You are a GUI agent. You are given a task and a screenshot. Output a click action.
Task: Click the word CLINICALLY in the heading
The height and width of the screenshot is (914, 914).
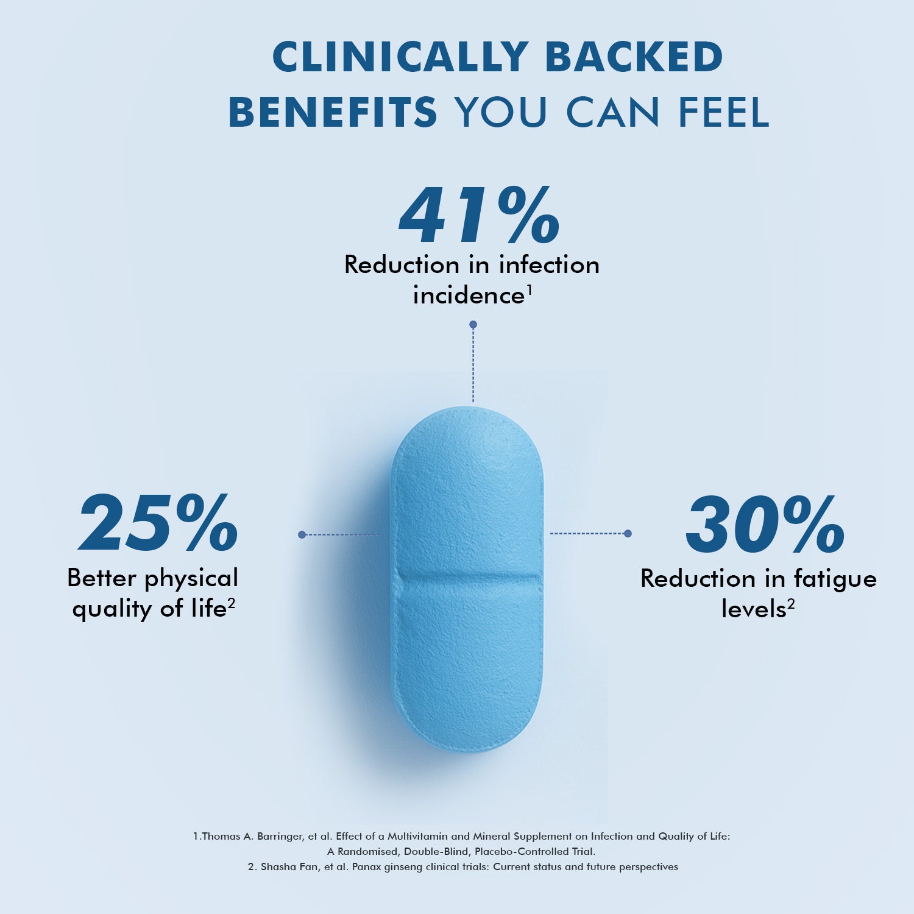(x=400, y=57)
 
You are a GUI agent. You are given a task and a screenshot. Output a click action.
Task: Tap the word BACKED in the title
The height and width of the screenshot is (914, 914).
(x=634, y=57)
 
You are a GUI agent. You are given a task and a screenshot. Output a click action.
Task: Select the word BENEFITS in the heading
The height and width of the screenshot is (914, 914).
(x=333, y=112)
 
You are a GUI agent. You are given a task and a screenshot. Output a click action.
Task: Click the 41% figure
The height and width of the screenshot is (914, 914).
(x=479, y=216)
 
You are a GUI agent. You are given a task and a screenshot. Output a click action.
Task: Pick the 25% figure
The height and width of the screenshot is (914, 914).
(x=158, y=524)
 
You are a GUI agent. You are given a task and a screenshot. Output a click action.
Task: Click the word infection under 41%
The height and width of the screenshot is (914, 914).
(x=549, y=265)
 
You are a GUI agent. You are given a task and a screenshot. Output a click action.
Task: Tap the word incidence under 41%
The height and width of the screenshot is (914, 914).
(x=468, y=296)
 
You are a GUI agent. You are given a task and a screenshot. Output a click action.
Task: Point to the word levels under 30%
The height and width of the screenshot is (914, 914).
(x=754, y=609)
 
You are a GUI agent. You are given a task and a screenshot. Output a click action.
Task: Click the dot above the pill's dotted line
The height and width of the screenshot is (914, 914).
(x=473, y=325)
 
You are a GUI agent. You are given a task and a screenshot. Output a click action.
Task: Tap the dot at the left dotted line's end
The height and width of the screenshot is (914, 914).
(x=302, y=534)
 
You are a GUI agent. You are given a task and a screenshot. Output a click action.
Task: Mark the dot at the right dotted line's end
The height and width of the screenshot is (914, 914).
(x=628, y=533)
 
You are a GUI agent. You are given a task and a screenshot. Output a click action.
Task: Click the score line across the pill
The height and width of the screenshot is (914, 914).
(x=468, y=576)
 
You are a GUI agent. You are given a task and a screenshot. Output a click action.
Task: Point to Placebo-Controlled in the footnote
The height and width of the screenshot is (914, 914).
(x=522, y=852)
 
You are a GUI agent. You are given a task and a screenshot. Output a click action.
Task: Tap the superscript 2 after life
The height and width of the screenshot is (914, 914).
(x=232, y=603)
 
